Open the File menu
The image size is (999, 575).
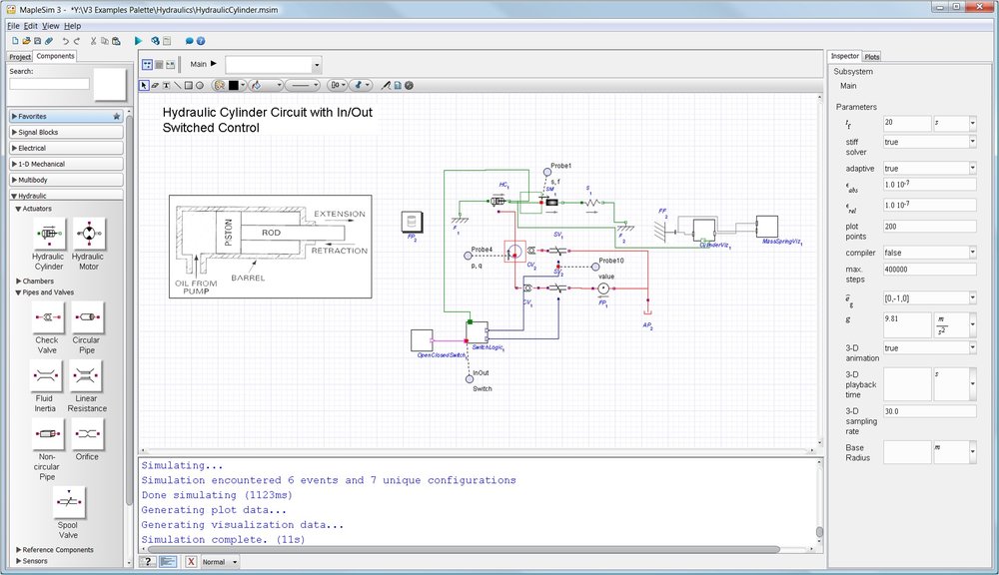click(12, 25)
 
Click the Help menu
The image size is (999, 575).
click(73, 25)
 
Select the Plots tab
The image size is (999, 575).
click(872, 57)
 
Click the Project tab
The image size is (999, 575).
click(20, 57)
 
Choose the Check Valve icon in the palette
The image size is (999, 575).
click(47, 317)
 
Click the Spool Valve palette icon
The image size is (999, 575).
click(69, 502)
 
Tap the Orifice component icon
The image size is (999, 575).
click(87, 434)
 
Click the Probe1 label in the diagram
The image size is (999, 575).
click(560, 166)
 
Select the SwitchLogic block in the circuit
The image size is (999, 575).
click(477, 331)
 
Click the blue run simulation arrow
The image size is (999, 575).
click(138, 41)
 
